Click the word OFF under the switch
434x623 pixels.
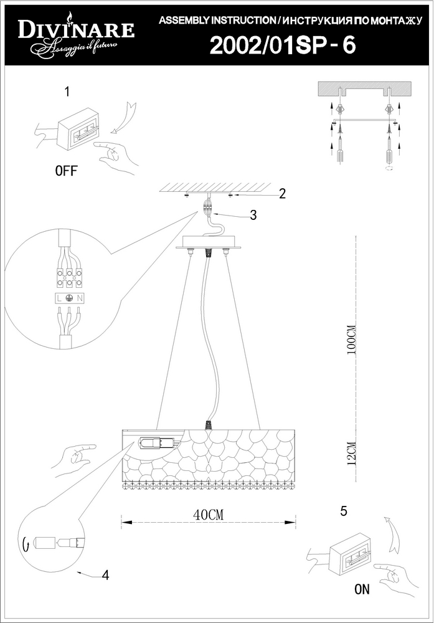tap(66, 171)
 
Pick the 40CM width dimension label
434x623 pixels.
tap(208, 515)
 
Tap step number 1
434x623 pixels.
tap(67, 92)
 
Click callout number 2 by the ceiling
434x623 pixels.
tap(282, 194)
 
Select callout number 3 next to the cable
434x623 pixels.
tap(253, 215)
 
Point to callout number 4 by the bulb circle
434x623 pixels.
tap(105, 574)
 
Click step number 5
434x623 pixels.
tap(344, 511)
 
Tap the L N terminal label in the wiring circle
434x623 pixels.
tap(69, 298)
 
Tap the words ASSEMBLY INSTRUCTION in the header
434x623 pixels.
tap(217, 21)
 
